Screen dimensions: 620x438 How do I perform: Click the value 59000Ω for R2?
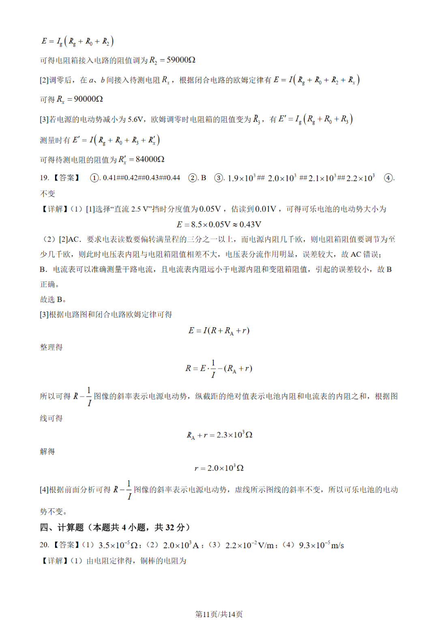click(x=181, y=60)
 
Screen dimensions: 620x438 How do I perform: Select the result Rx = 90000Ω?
click(x=80, y=99)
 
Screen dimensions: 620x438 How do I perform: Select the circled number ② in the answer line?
click(x=193, y=178)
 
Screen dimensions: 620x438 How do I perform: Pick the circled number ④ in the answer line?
click(x=388, y=178)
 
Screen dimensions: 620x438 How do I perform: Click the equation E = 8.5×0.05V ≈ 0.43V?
click(x=219, y=225)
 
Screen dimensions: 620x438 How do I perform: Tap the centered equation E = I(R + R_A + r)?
click(x=219, y=331)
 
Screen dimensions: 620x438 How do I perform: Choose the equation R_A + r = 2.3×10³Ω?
click(x=219, y=435)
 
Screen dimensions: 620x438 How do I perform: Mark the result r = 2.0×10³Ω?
click(x=219, y=468)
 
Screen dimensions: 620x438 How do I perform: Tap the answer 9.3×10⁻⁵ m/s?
click(x=321, y=545)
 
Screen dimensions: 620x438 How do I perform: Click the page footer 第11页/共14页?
click(x=219, y=614)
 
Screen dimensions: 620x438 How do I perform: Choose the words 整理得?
click(x=51, y=347)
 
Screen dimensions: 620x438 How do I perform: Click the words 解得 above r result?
click(x=47, y=451)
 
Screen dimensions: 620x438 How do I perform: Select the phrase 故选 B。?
click(x=53, y=300)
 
